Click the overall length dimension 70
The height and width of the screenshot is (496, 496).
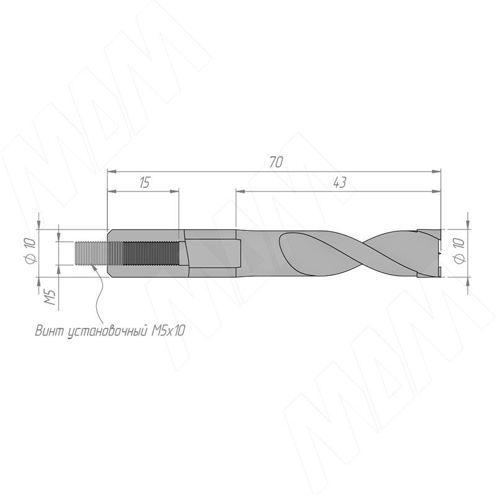(x=275, y=162)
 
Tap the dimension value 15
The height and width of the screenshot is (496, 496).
(x=144, y=182)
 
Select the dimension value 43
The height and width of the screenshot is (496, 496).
(x=339, y=182)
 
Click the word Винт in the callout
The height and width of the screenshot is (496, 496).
(x=50, y=330)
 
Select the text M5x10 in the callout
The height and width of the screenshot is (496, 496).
(x=167, y=330)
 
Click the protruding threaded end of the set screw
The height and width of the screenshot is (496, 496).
(x=91, y=254)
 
